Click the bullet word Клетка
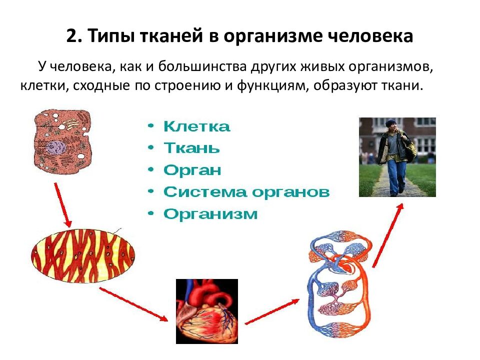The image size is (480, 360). [196, 126]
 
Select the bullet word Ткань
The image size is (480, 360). [191, 148]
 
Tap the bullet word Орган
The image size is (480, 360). [192, 170]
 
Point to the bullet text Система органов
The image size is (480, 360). [246, 192]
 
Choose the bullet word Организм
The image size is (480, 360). [210, 214]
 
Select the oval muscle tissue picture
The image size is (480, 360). [83, 257]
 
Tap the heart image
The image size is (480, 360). [206, 310]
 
